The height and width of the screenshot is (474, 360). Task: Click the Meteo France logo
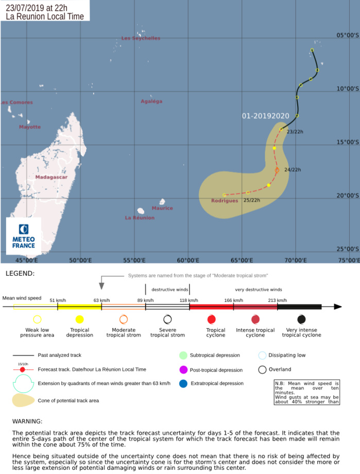click(x=24, y=236)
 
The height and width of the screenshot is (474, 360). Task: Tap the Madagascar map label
click(x=52, y=177)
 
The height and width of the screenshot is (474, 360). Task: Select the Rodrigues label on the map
click(x=225, y=201)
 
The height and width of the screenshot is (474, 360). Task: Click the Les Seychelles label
click(x=141, y=38)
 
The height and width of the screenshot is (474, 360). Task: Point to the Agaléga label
click(x=151, y=101)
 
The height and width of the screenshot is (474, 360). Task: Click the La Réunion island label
click(x=140, y=218)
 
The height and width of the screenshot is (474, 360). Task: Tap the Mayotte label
click(x=30, y=127)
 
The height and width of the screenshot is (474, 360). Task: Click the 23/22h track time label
click(x=295, y=132)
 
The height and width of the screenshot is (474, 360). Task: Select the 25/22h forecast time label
click(x=252, y=200)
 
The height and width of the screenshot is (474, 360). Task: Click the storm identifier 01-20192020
click(x=266, y=116)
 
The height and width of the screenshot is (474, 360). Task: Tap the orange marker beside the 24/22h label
click(x=277, y=170)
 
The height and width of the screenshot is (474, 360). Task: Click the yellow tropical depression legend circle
click(x=80, y=319)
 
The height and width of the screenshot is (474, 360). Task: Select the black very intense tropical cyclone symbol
click(x=302, y=319)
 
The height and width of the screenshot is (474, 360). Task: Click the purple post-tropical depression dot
click(x=183, y=369)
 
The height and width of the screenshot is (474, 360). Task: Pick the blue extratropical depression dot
click(x=183, y=383)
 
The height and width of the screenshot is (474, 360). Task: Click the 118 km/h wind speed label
click(x=189, y=300)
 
